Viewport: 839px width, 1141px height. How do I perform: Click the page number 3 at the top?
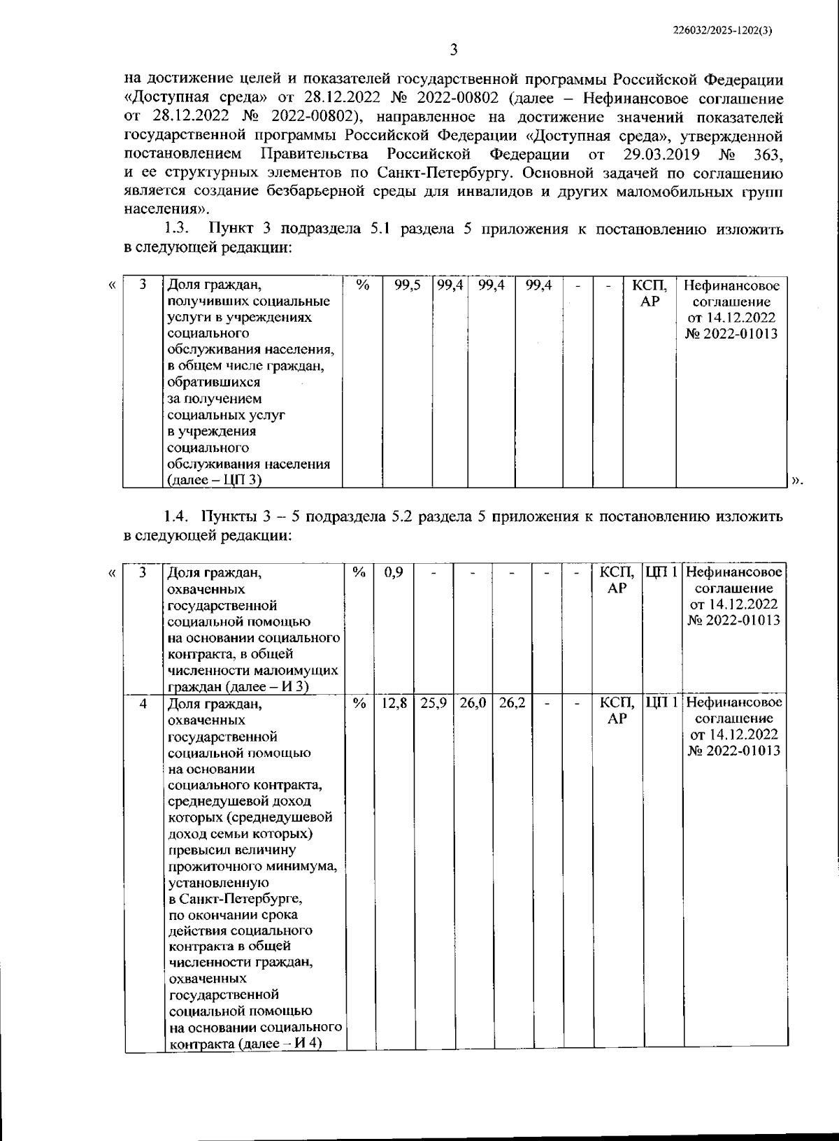453,50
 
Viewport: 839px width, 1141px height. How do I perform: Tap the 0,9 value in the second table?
394,573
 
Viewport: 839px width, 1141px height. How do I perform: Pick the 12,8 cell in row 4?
394,702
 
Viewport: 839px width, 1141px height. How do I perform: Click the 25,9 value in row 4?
433,702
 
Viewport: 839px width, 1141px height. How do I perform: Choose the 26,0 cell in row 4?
473,702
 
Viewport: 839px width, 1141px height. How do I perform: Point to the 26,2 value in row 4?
512,702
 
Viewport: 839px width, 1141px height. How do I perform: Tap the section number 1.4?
177,517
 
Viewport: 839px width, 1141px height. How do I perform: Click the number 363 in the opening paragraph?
768,153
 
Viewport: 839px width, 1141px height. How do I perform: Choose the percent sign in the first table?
362,285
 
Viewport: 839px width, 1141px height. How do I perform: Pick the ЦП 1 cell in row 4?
661,702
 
